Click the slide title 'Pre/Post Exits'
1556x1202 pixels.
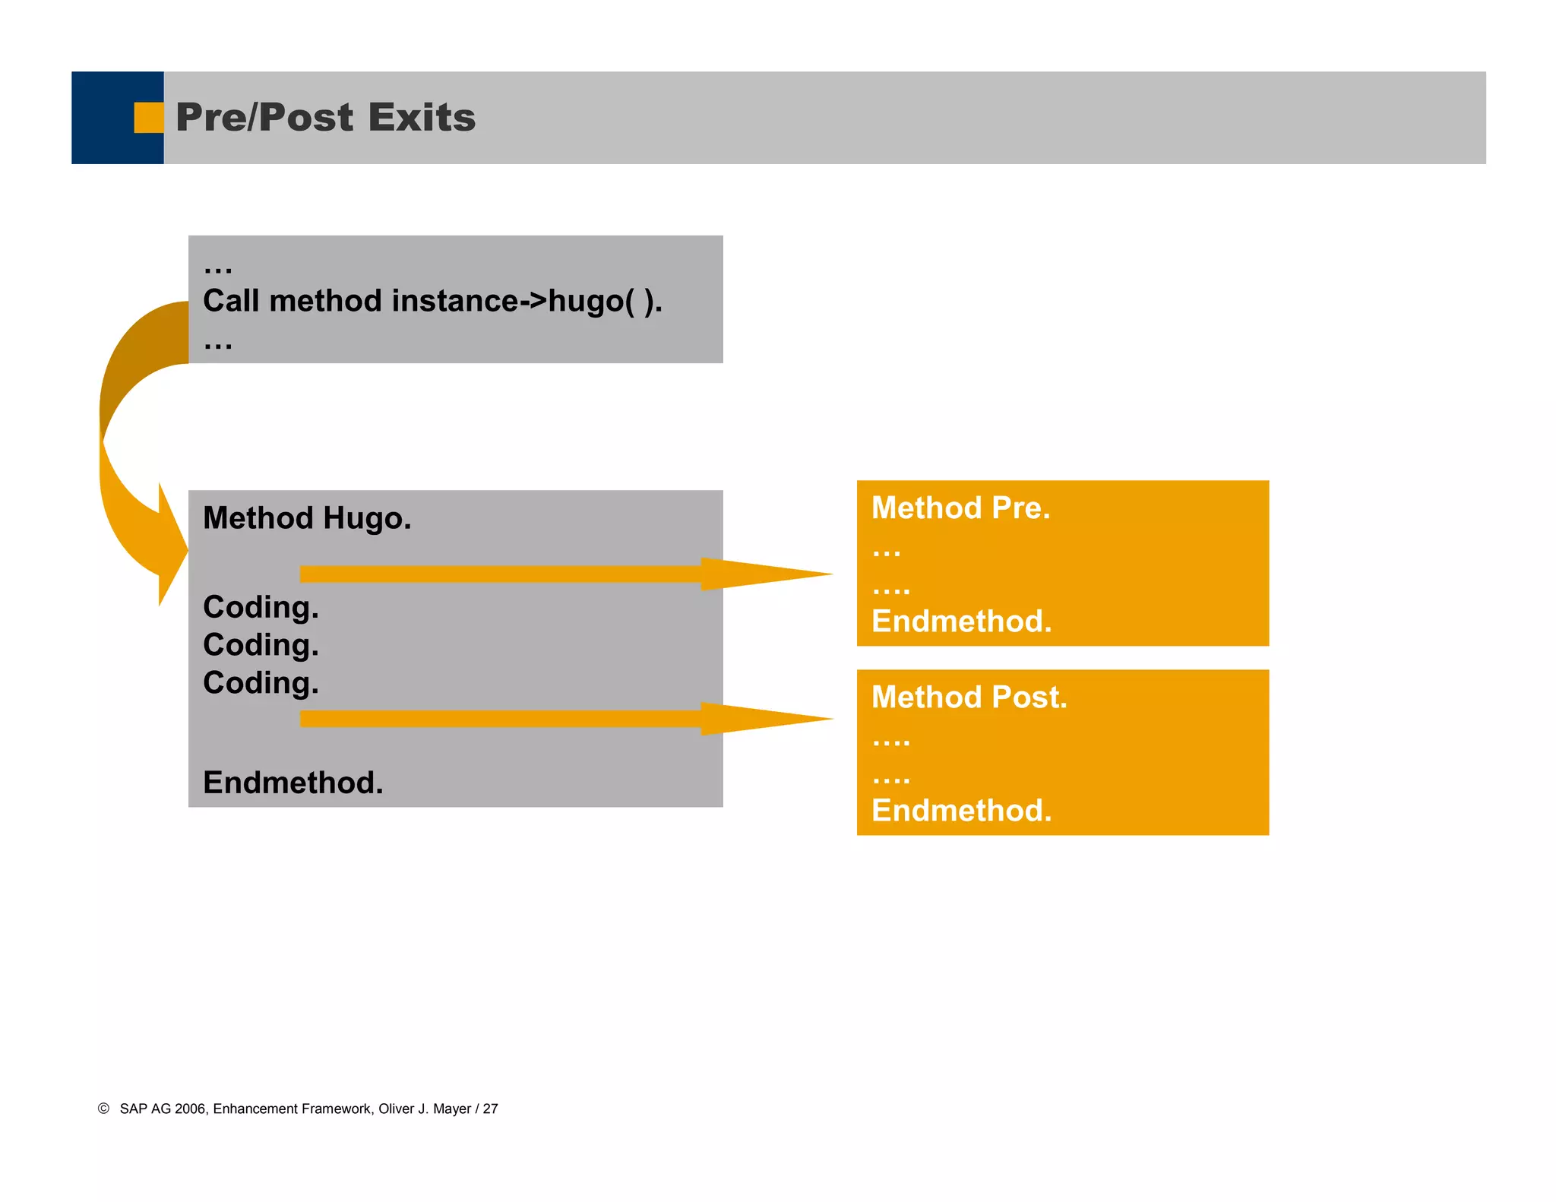(x=325, y=118)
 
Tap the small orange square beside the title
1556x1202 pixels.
(x=148, y=118)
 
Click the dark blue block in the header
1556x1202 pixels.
(x=106, y=118)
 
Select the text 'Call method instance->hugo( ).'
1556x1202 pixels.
(x=432, y=302)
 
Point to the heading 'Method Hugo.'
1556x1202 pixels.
(x=307, y=518)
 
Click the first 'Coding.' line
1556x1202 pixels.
(x=261, y=607)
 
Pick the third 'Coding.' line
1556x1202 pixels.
(x=261, y=682)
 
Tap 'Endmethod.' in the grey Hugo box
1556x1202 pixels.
(x=293, y=783)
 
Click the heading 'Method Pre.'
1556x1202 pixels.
(x=960, y=508)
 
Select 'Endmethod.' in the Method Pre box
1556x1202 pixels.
(x=961, y=622)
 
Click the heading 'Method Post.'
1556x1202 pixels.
(x=969, y=697)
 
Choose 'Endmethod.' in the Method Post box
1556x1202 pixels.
(x=961, y=811)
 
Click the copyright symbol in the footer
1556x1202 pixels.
(x=103, y=1109)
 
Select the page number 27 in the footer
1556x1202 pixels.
(x=491, y=1109)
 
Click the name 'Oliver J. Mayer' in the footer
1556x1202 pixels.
(x=425, y=1109)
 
